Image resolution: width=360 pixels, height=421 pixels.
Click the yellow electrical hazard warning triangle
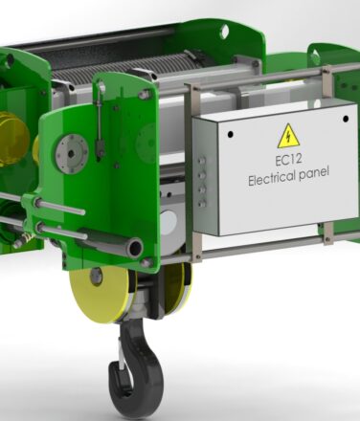(288, 137)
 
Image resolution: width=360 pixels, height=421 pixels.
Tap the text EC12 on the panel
(288, 160)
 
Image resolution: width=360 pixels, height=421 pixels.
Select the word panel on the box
(313, 173)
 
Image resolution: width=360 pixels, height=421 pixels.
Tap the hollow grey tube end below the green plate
(134, 248)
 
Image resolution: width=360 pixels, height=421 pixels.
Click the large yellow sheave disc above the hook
(99, 295)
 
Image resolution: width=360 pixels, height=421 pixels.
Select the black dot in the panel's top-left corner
(230, 135)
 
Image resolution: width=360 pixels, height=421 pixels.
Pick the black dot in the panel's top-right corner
(346, 119)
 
